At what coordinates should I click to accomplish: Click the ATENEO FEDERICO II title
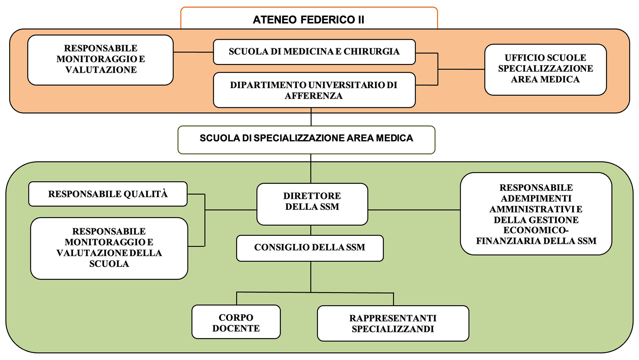click(x=308, y=20)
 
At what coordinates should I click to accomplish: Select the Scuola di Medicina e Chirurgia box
click(x=314, y=52)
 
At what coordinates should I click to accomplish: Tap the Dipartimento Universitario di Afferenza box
click(x=314, y=90)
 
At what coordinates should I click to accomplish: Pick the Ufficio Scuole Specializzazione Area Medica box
click(x=545, y=69)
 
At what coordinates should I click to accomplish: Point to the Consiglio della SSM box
click(x=310, y=247)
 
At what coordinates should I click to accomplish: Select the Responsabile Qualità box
click(x=108, y=194)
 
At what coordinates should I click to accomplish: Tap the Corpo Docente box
click(x=236, y=322)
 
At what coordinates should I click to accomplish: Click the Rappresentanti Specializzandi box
click(x=393, y=323)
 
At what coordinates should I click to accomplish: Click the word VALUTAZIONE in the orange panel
click(x=101, y=70)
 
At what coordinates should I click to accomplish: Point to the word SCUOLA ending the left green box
click(x=109, y=264)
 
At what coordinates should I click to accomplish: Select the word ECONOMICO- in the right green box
click(x=536, y=230)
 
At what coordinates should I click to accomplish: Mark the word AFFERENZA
click(x=313, y=96)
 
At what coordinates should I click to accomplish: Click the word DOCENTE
click(x=236, y=328)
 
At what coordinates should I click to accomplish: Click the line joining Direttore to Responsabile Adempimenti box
click(x=414, y=210)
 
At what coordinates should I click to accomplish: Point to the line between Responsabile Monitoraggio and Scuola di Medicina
click(x=193, y=52)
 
